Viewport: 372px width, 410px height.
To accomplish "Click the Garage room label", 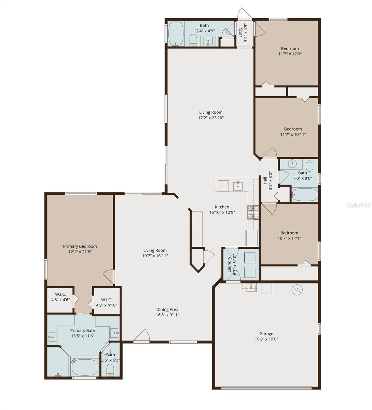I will point(266,334).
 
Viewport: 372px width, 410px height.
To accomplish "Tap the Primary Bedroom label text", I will point(80,246).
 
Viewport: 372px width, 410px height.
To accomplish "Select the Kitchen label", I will point(222,207).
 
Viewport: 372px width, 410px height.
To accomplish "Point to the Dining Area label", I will point(167,309).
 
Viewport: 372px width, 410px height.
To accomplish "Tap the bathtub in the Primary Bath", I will point(85,367).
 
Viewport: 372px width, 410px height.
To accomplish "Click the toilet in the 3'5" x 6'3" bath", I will point(110,370).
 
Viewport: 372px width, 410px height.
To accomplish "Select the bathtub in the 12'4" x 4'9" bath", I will point(176,33).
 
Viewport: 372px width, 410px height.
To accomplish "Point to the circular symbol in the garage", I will point(297,290).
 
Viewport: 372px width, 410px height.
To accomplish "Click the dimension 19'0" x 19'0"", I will point(266,339).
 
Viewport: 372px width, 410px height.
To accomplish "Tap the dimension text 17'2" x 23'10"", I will point(211,118).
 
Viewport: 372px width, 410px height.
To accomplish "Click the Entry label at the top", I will point(240,32).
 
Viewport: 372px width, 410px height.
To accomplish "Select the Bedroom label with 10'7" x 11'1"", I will point(289,233).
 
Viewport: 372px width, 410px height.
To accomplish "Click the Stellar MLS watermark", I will point(359,205).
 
